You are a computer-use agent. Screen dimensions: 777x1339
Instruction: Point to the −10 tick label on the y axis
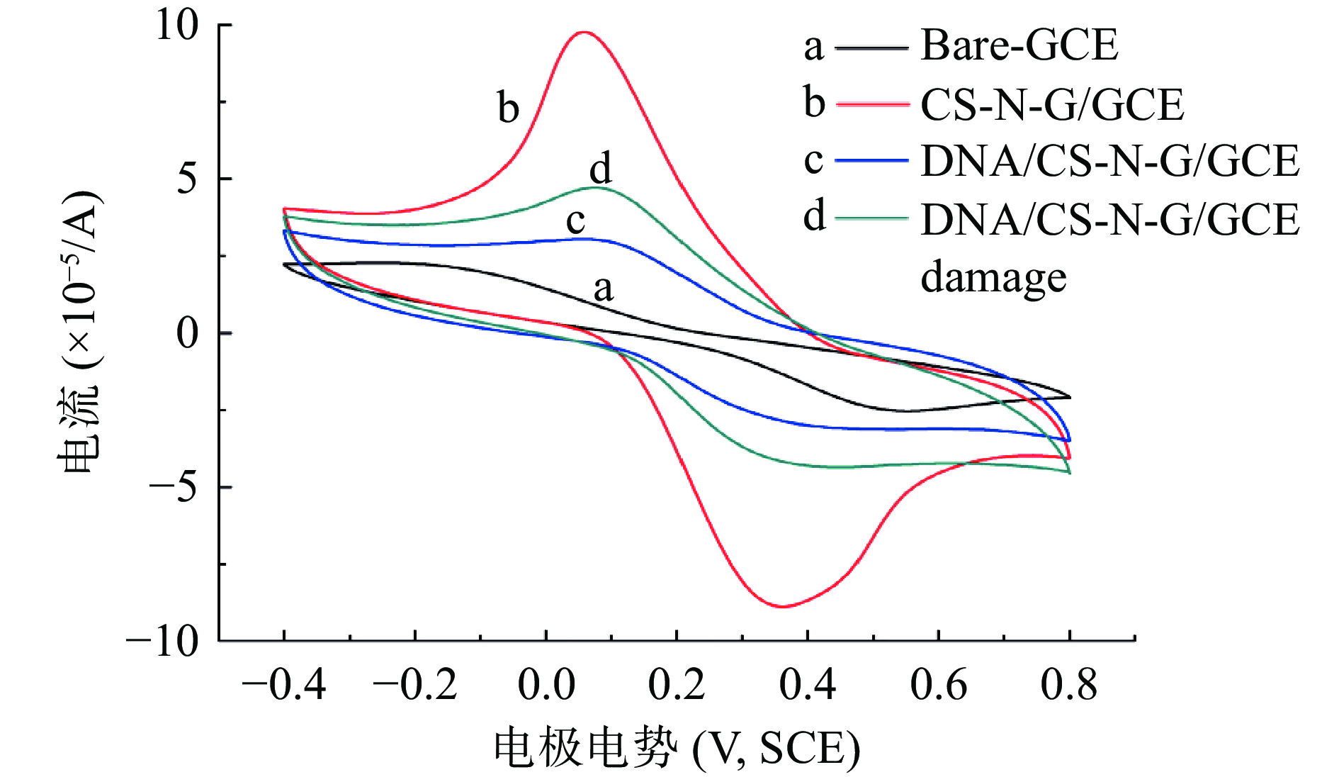163,642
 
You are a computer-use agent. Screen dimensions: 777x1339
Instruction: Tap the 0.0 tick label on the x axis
546,685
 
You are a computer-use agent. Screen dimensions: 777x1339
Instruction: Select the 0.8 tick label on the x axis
1068,685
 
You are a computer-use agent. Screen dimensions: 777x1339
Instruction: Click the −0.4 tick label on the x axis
283,685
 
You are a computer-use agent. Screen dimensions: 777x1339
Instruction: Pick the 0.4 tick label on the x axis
807,685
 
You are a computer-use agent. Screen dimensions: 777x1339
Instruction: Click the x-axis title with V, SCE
677,749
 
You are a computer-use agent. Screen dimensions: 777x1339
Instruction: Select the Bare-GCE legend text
1019,45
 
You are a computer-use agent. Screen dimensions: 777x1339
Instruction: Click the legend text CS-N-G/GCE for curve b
1052,105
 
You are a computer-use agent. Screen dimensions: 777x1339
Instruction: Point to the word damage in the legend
993,277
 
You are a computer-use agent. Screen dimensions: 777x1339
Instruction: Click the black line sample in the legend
871,48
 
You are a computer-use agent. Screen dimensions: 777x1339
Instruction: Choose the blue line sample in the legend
871,161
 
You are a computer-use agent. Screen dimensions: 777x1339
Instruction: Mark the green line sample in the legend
871,218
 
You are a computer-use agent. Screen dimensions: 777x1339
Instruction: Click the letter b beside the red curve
508,108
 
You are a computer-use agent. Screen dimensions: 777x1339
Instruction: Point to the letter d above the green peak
600,169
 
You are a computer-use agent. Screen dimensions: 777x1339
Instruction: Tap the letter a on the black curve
603,289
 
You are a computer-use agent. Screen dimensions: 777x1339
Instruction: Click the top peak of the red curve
584,32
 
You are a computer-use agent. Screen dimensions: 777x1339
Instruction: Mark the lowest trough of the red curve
782,606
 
